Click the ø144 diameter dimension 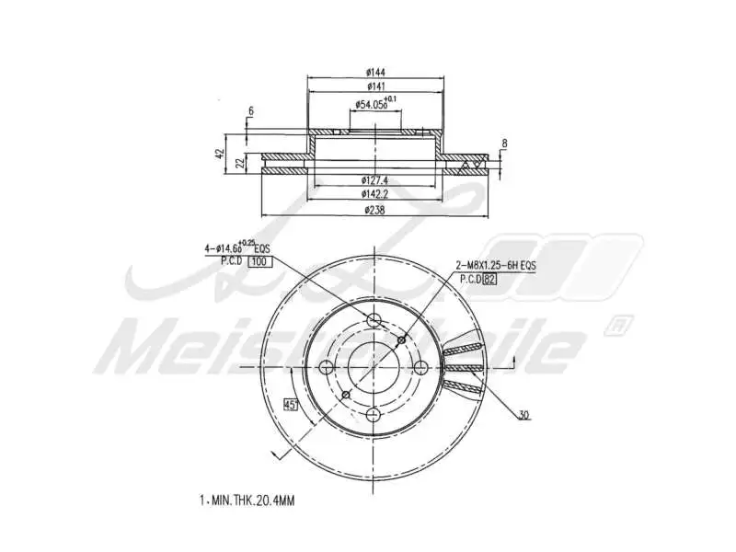pos(374,71)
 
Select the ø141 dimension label pos(374,86)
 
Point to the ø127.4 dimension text pos(375,181)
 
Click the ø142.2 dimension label pos(375,195)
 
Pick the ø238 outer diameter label pos(374,210)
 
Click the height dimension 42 pos(220,154)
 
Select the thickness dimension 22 pos(239,163)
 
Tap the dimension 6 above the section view pos(249,111)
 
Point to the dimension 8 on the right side pos(504,143)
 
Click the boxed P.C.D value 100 pos(261,262)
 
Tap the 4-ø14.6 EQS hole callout pos(237,248)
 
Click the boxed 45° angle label pos(290,404)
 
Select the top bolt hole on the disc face pos(374,319)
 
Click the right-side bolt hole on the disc pos(421,367)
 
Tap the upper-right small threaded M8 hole pos(400,340)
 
